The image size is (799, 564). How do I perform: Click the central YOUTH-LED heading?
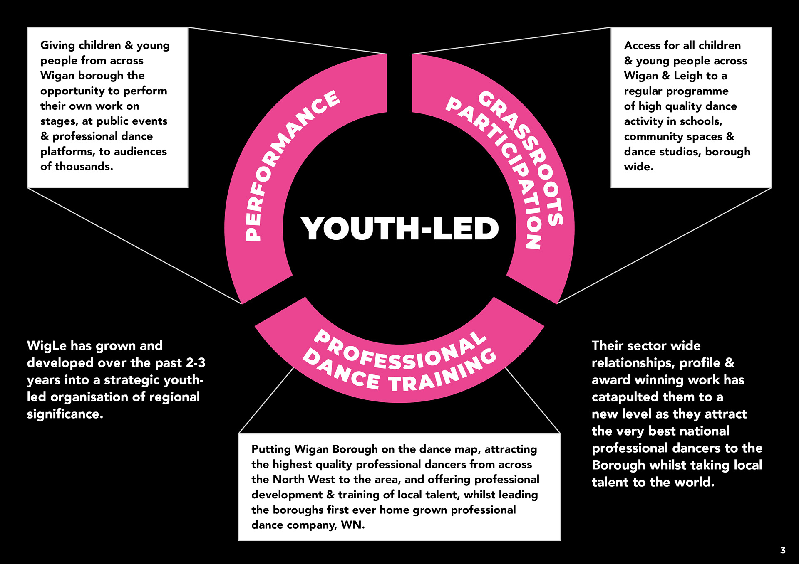pos(399,228)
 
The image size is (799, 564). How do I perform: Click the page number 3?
pos(783,550)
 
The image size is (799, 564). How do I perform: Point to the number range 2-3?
pos(195,363)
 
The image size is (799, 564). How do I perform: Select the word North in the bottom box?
pos(288,480)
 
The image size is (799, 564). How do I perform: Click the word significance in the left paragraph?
pos(64,414)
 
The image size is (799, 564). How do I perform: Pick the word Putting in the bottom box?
pos(271,449)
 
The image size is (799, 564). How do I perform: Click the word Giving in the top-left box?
pos(57,45)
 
